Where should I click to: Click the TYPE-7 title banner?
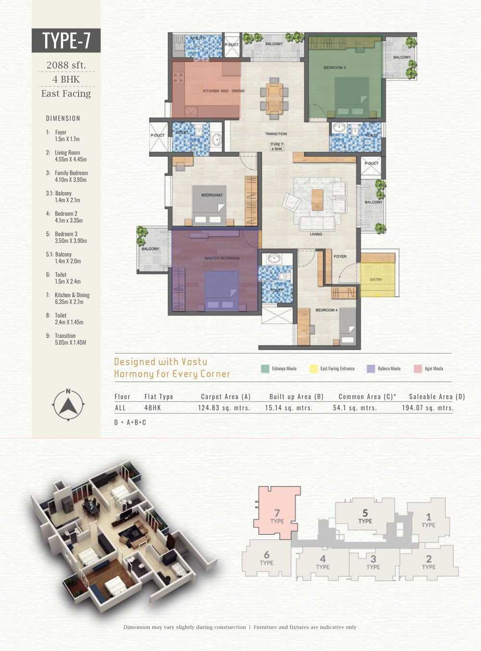pos(66,40)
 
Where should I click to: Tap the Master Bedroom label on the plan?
pos(222,258)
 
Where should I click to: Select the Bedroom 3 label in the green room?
pos(334,68)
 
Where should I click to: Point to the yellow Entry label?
pos(376,280)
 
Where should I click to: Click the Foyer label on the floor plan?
pos(340,257)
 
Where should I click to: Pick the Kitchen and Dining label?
pos(224,91)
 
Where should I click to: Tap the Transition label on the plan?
pos(276,134)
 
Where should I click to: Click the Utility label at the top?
pos(198,38)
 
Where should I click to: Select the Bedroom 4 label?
pos(327,310)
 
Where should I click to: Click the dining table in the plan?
pos(274,99)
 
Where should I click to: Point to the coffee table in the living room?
pos(317,200)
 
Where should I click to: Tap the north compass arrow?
pos(68,406)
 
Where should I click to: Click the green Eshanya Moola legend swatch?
pos(265,369)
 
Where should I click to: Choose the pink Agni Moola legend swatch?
pos(418,369)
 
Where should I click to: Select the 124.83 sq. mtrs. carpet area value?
pos(224,408)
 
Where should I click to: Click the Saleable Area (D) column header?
pos(437,397)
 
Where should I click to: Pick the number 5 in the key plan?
pos(365,513)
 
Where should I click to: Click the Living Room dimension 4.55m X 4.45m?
pos(71,159)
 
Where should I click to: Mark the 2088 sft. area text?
pos(66,65)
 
